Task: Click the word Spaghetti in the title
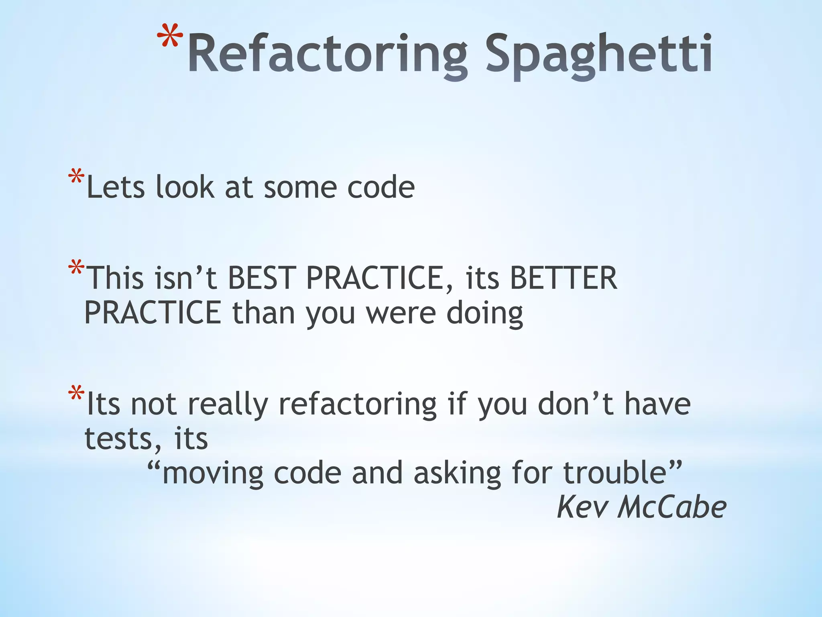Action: [598, 56]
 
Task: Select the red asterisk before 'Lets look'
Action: [76, 178]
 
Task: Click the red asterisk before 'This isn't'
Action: [76, 268]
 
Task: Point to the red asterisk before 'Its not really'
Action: [76, 394]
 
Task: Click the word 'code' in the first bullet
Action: [380, 187]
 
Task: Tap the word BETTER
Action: [563, 278]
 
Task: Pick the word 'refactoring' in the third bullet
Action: [357, 404]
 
